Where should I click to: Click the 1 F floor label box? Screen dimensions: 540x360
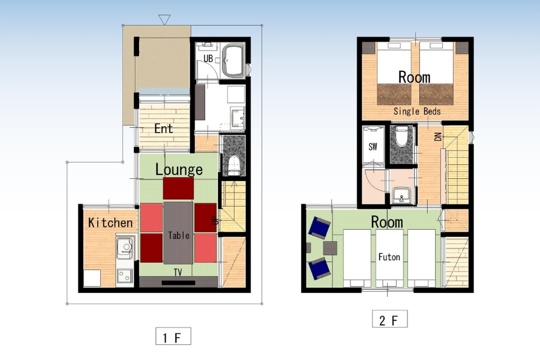[x=173, y=336]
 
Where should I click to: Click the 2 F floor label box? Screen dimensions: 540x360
[x=389, y=319]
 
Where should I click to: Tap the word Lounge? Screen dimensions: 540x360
[x=179, y=169]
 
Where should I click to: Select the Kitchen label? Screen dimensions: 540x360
[x=110, y=223]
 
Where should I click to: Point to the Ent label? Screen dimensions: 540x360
[x=163, y=128]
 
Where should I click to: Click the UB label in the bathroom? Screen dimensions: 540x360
[x=208, y=59]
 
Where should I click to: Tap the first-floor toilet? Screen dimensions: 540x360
[x=234, y=164]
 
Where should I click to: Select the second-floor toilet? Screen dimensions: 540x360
[x=401, y=136]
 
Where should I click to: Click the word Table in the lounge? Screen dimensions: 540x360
[x=179, y=235]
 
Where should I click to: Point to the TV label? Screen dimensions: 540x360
[x=178, y=272]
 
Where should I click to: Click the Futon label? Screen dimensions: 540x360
[x=389, y=257]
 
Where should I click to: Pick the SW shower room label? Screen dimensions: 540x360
[x=373, y=147]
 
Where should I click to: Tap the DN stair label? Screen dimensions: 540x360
[x=438, y=137]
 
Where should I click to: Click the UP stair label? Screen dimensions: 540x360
[x=215, y=220]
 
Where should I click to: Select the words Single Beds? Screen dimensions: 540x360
[x=417, y=111]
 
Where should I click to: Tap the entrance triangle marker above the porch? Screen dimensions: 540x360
[x=164, y=19]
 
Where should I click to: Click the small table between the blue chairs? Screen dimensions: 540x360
[x=330, y=248]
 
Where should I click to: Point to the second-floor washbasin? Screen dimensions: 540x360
[x=401, y=195]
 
